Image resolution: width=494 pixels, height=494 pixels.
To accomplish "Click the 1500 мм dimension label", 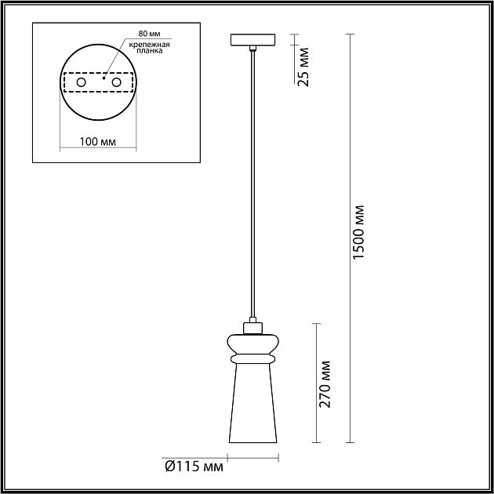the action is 358,232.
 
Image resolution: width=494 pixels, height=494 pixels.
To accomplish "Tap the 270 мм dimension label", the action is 325,384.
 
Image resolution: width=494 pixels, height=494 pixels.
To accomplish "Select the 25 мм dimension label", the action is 303,67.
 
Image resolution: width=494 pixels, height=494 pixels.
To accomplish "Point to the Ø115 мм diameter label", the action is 194,467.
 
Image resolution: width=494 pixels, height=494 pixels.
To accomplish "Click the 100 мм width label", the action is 98,142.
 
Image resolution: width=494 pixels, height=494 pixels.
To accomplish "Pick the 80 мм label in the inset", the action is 149,34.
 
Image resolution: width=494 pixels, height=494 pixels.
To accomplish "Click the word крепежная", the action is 149,45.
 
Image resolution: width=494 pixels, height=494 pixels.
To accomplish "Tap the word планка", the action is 150,51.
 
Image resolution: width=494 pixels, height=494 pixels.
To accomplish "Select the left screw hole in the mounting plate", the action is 82,82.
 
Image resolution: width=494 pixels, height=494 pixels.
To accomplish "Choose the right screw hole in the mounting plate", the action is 116,82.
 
